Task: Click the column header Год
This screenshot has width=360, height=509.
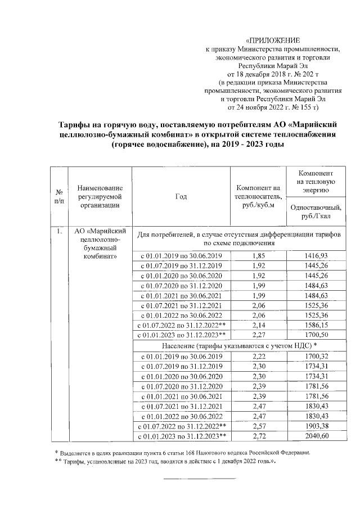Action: (181, 196)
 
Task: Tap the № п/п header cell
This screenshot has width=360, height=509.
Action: (58, 196)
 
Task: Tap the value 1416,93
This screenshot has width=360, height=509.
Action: (318, 256)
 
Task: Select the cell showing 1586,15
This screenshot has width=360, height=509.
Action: (318, 325)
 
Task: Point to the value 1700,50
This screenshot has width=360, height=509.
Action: (318, 334)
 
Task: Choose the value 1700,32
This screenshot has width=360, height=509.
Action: (318, 356)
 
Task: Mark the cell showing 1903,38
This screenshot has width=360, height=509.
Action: (318, 426)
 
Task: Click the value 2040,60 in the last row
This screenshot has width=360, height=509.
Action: (318, 436)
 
